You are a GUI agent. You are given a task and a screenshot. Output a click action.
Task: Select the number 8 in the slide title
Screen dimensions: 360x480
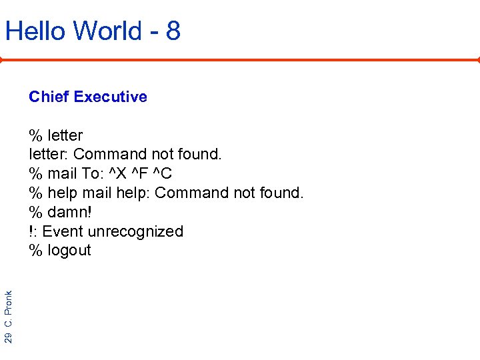click(173, 31)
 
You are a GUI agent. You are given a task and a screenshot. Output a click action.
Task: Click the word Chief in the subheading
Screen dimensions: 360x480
click(49, 97)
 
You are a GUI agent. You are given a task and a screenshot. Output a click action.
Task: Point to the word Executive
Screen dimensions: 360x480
click(111, 97)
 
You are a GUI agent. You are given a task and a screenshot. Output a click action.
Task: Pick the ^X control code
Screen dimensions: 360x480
click(118, 173)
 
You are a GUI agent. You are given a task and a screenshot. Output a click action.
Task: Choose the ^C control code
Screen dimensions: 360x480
click(163, 173)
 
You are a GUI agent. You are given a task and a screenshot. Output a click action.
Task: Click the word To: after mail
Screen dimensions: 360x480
click(91, 173)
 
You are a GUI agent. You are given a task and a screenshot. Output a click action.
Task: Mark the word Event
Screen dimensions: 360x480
click(62, 231)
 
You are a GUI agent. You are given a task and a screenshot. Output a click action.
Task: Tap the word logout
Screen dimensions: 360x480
click(69, 251)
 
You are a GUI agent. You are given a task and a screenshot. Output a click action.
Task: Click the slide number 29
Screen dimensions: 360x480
click(9, 337)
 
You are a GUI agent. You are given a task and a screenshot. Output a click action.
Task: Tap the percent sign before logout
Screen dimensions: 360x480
click(35, 251)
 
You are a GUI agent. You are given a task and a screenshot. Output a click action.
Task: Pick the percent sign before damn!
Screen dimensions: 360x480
click(35, 212)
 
